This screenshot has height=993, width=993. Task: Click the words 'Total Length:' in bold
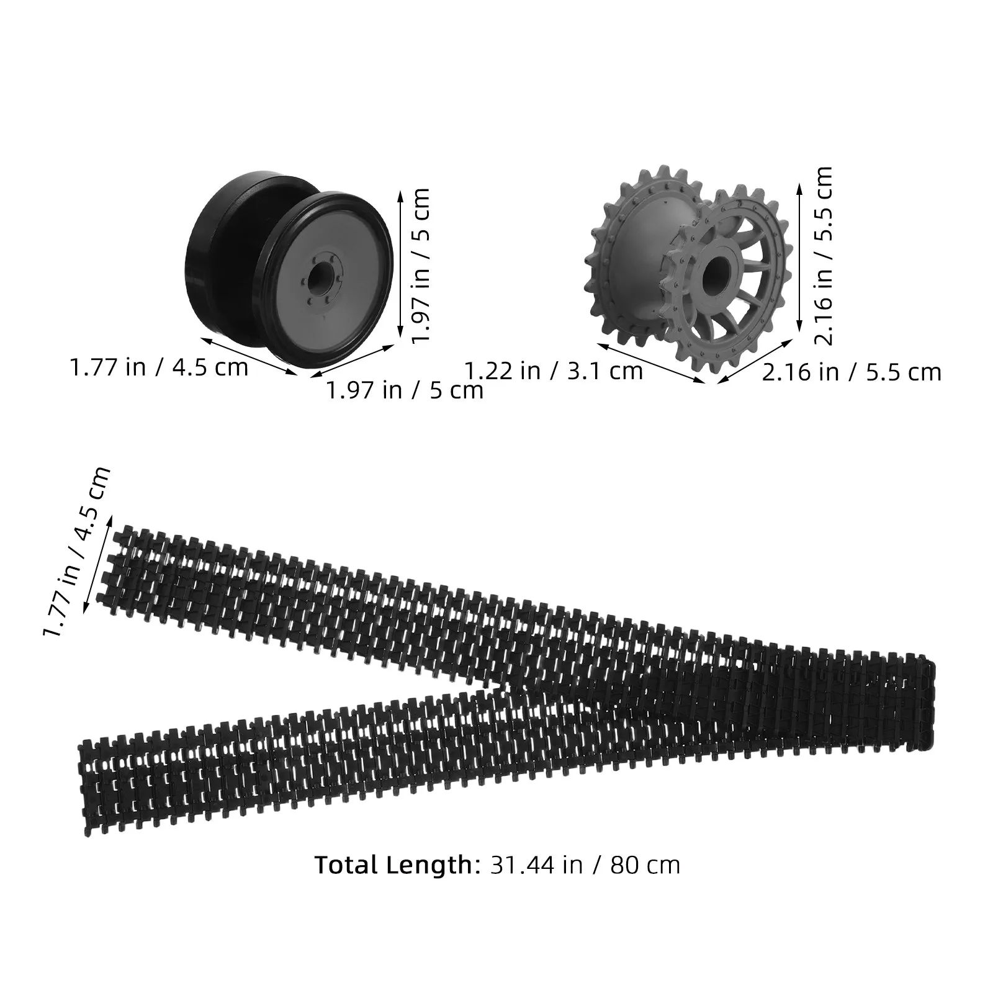coord(394,865)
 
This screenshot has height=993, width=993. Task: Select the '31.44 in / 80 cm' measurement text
coord(585,865)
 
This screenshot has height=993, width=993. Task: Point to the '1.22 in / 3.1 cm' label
coord(554,371)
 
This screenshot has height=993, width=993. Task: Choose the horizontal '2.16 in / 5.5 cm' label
coord(851,372)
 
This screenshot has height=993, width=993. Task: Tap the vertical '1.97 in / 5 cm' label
coord(421,264)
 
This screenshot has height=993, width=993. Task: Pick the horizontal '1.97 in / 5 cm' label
coord(405,390)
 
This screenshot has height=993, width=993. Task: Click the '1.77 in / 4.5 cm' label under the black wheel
coord(159,367)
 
